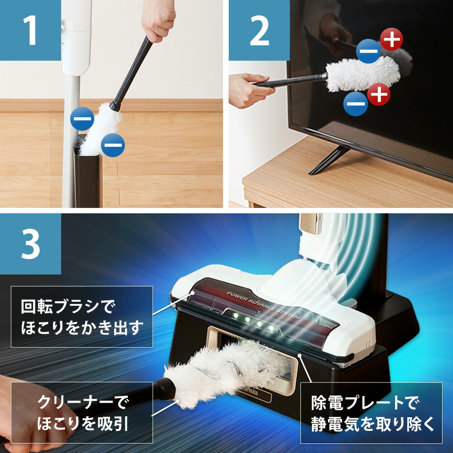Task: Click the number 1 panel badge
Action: (30, 30)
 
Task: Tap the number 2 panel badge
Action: (259, 30)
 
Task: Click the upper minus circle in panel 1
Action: (82, 120)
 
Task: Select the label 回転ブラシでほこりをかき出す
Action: (82, 317)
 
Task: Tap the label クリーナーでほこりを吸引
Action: (82, 412)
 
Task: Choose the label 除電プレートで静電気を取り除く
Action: (371, 413)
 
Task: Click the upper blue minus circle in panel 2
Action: (369, 51)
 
